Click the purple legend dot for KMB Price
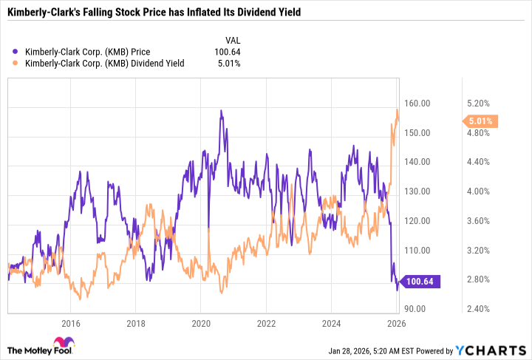(x=16, y=52)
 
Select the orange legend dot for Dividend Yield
(x=16, y=64)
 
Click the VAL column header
(x=232, y=40)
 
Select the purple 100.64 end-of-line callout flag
(x=424, y=281)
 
